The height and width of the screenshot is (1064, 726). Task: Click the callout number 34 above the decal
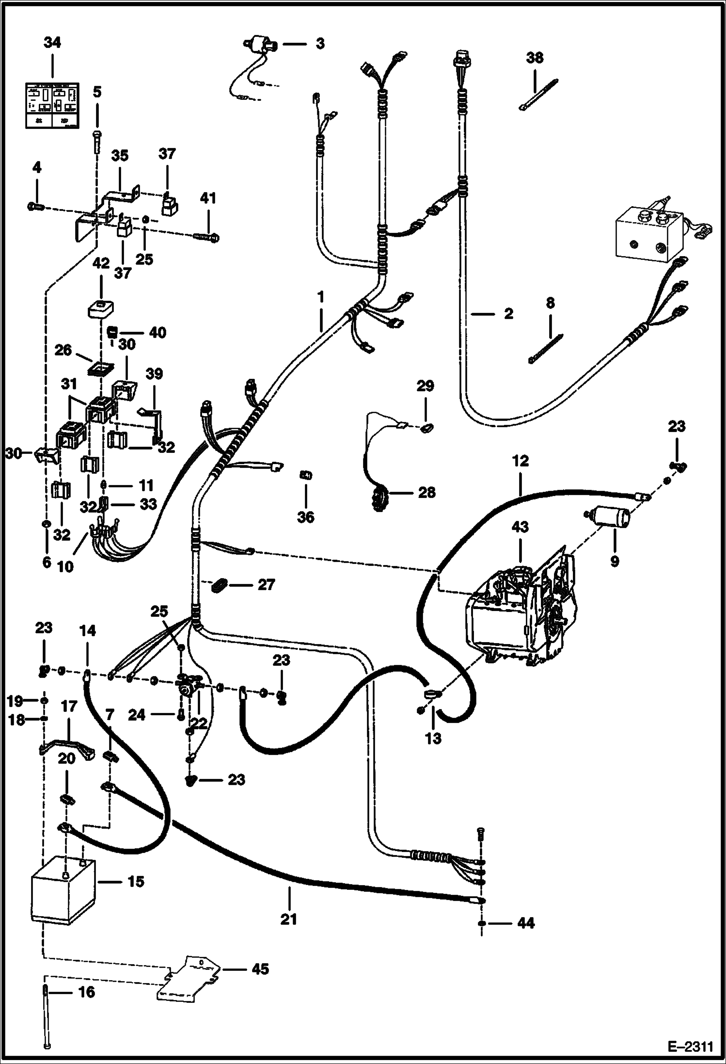[52, 43]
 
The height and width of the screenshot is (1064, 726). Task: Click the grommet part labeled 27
[221, 585]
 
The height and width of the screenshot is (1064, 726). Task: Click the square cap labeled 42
[101, 309]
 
